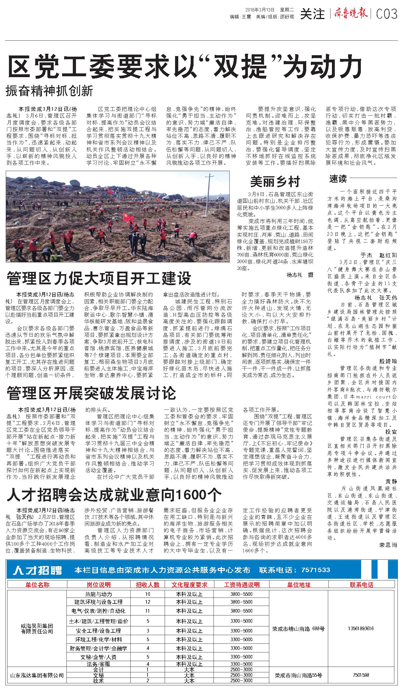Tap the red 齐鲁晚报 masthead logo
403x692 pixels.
(351, 13)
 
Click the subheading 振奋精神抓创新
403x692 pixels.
(50, 91)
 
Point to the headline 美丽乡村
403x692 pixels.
(275, 181)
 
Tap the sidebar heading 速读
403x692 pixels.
(338, 179)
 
